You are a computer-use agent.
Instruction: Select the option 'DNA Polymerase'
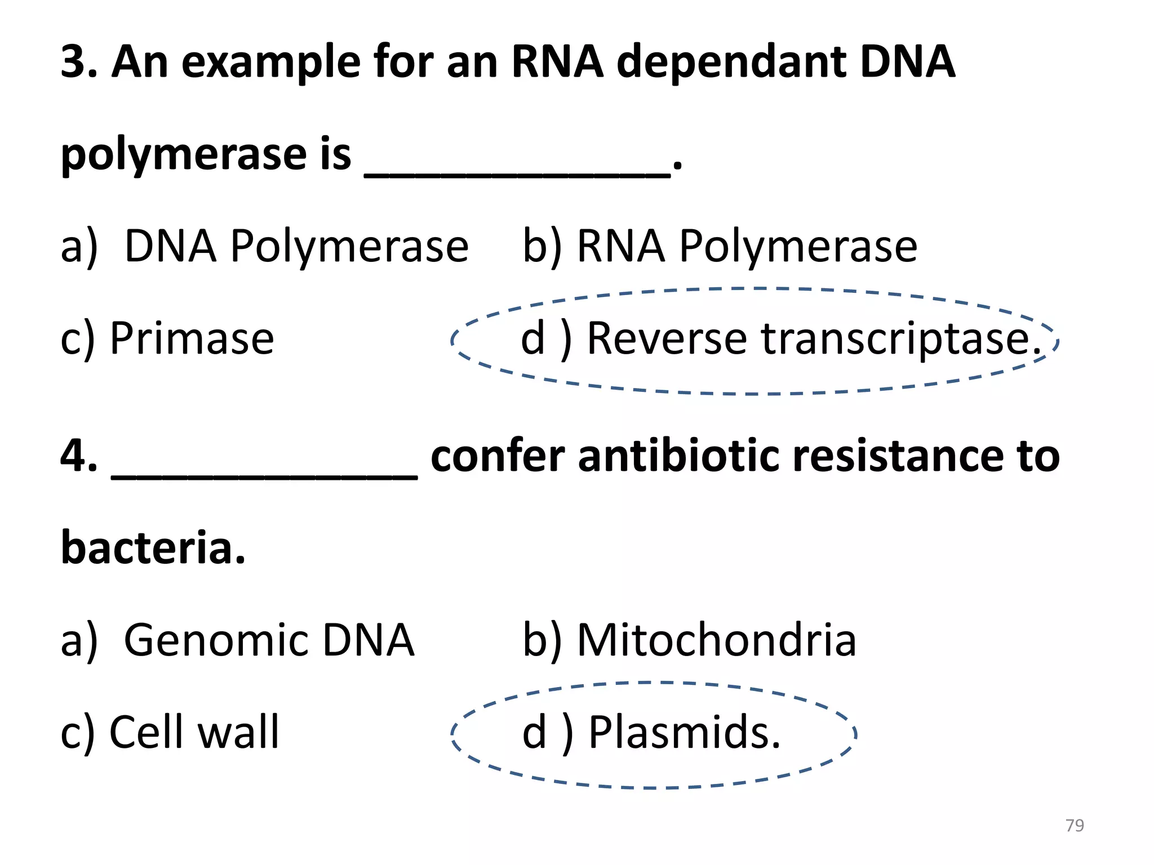coord(296,247)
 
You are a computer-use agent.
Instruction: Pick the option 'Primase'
coord(192,338)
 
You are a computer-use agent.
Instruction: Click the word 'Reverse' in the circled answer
coord(667,338)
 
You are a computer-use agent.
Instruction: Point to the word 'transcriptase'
coord(898,340)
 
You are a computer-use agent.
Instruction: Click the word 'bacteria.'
coord(153,547)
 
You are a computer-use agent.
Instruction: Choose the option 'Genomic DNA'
coord(269,641)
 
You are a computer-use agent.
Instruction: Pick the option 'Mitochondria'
coord(716,640)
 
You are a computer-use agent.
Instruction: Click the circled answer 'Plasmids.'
coord(684,733)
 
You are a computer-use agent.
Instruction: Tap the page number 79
coord(1075,825)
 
